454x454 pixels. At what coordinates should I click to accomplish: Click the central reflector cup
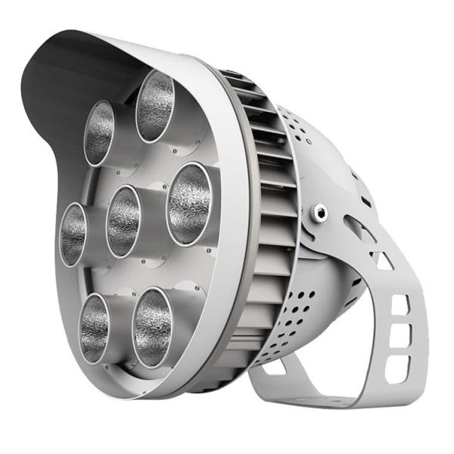click(x=123, y=220)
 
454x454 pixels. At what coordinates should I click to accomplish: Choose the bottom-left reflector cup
click(x=95, y=326)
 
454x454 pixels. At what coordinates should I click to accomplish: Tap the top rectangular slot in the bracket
click(x=399, y=303)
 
